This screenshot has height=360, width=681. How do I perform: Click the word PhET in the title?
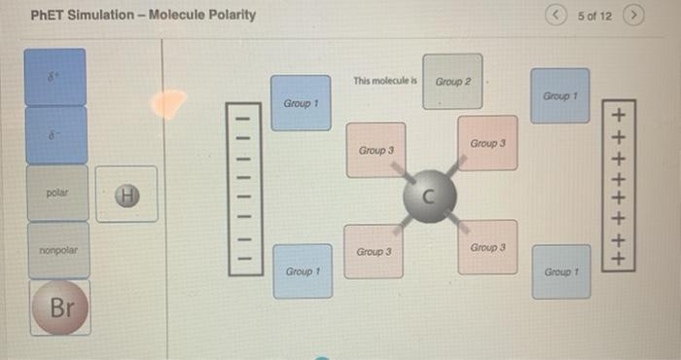pos(47,15)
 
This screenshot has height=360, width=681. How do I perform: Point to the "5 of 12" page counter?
pos(593,16)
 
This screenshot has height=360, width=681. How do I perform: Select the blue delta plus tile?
pos(54,76)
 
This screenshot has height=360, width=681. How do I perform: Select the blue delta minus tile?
pos(54,134)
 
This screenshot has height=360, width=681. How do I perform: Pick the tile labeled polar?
pos(56,193)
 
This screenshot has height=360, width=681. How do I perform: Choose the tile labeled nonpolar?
pos(56,250)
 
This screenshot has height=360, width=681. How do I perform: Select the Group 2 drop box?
pos(452,81)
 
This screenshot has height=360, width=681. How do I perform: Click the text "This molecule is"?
pos(385,81)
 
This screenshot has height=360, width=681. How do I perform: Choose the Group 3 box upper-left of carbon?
pos(376,150)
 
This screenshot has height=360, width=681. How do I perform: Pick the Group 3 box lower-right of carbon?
pos(487,247)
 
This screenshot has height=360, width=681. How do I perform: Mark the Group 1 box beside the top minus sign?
pos(301,102)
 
